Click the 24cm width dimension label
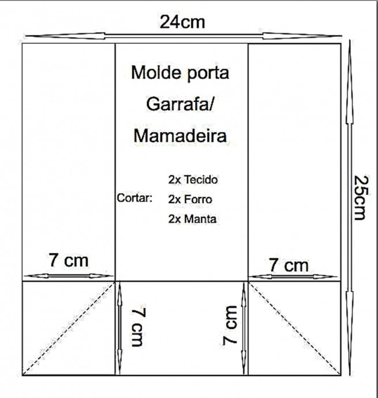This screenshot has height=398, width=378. coord(182,22)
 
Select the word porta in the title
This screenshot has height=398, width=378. coord(208,74)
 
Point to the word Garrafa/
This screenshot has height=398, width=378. coord(180,104)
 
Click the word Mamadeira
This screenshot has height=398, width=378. coord(180,136)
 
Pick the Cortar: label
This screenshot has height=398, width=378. coord(134,198)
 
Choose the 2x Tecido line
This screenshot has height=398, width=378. coord(193,180)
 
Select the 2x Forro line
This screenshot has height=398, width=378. coord(190,199)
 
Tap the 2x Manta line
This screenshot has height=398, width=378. coord(192,219)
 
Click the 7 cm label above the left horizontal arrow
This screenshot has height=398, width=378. coord(69,260)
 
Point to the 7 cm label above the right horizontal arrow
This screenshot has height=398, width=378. coord(289,265)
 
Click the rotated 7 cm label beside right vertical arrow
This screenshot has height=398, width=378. coord(230,325)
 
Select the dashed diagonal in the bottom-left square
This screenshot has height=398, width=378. coord(68,328)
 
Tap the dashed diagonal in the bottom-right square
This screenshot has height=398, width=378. coord(294,328)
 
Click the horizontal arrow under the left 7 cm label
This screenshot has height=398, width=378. coord(69,276)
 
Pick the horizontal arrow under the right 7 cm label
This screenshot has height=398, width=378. coord(293,277)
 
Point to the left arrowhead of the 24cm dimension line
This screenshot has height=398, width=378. coord(65,36)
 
